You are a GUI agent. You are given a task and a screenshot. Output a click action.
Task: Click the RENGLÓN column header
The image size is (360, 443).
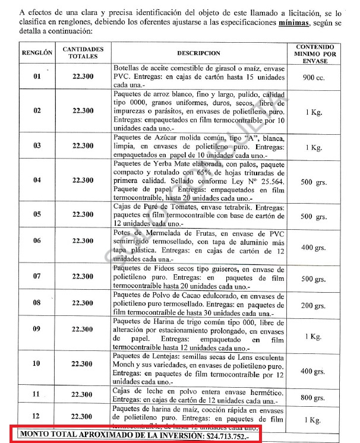(37, 53)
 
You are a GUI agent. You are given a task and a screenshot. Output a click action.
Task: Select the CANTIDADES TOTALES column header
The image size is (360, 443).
(83, 53)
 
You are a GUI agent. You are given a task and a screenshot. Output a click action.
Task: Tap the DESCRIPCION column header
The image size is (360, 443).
(198, 53)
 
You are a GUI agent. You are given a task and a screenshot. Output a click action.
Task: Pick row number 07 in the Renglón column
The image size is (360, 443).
(37, 277)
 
